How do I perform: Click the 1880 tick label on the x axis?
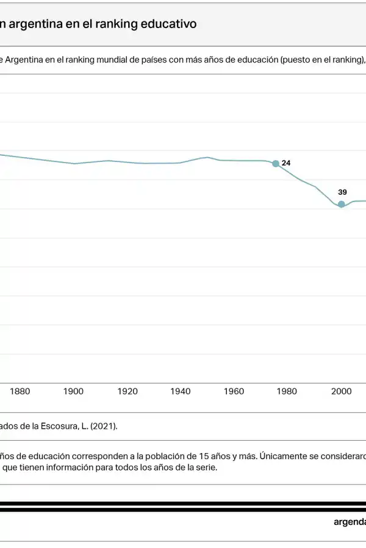click(x=20, y=392)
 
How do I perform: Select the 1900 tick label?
click(x=73, y=392)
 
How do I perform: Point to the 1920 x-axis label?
click(x=127, y=392)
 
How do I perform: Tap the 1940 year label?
click(x=181, y=392)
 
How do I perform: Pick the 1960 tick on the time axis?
click(x=234, y=392)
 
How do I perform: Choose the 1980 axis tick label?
click(x=287, y=392)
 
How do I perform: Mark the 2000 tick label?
click(x=341, y=392)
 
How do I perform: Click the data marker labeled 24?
click(x=276, y=163)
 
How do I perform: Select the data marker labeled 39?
click(x=342, y=204)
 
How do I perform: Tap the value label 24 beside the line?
click(x=286, y=163)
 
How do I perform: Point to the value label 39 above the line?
click(x=342, y=192)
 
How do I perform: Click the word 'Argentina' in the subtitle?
click(x=25, y=60)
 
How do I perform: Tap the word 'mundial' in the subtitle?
click(x=106, y=60)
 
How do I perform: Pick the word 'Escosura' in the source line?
click(x=56, y=426)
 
